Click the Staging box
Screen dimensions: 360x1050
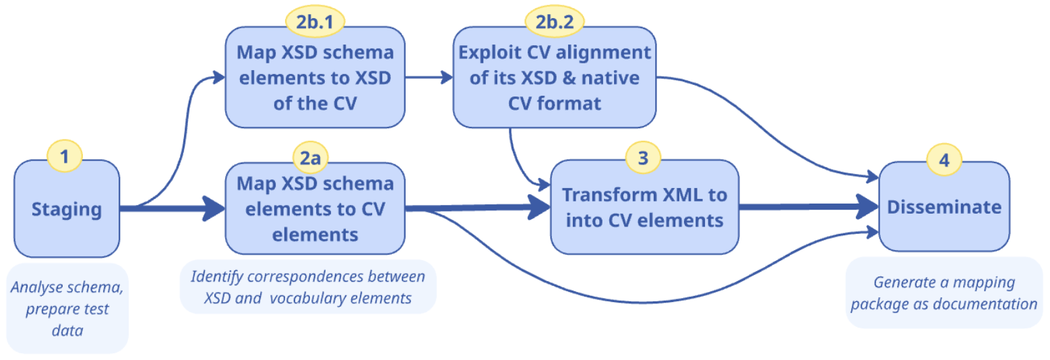[67, 209]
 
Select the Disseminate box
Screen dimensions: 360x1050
[944, 208]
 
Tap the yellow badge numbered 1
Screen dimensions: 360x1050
[64, 157]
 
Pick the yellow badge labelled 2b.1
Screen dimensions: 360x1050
[315, 22]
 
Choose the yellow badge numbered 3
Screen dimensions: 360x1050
[643, 157]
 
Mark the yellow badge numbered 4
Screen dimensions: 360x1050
[944, 160]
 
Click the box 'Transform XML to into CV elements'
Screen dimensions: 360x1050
[644, 208]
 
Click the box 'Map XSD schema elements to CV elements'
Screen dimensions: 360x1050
[315, 209]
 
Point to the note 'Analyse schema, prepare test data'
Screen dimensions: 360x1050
[67, 307]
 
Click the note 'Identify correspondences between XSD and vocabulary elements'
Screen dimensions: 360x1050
[308, 287]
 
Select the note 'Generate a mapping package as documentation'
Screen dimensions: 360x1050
[944, 293]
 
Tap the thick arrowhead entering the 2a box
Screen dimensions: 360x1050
[213, 209]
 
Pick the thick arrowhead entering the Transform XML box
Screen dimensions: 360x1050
[539, 208]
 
